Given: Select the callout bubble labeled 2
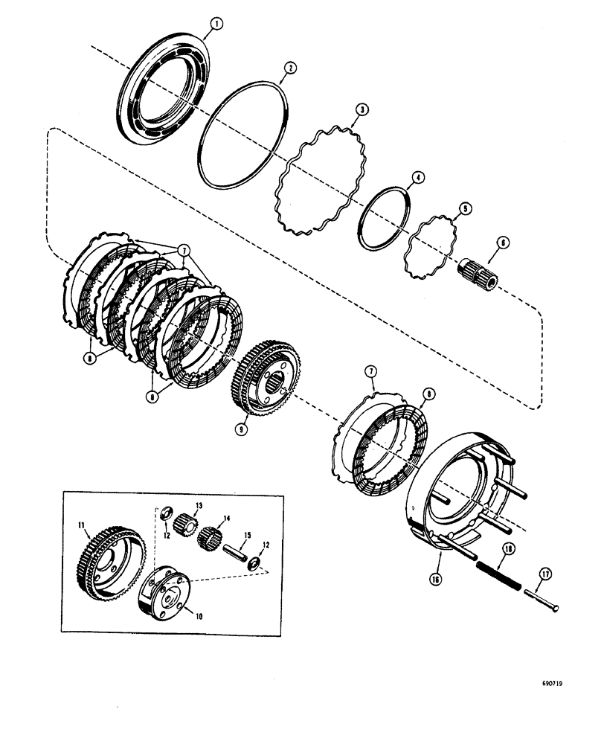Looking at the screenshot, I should click(x=290, y=67).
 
